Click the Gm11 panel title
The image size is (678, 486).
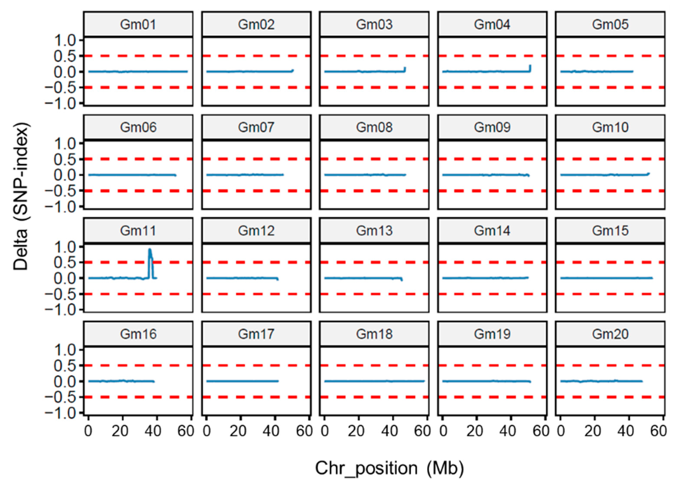(138, 231)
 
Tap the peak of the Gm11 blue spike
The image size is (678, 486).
(150, 249)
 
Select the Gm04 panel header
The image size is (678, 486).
(492, 24)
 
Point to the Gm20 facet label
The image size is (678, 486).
(610, 334)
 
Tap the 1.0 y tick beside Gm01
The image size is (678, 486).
(65, 40)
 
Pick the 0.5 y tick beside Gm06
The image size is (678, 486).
(65, 159)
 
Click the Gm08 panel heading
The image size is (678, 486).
(374, 127)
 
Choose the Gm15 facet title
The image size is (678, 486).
(610, 231)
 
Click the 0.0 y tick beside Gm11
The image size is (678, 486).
(65, 278)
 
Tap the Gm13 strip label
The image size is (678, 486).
(374, 231)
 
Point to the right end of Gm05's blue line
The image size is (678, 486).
(632, 72)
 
